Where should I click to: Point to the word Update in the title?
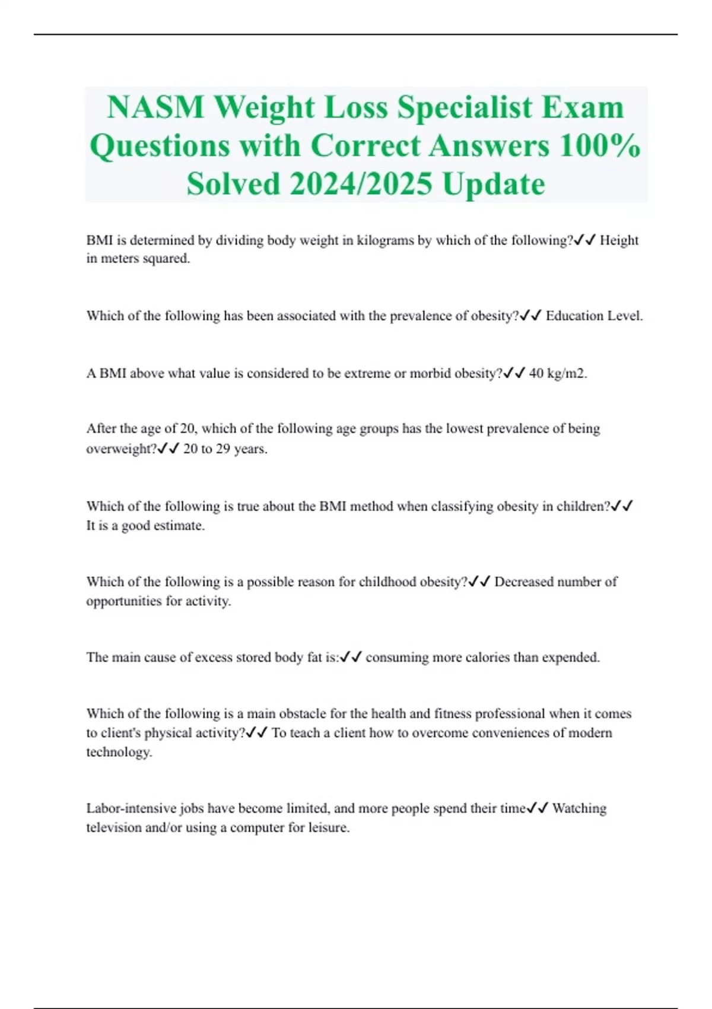pos(494,184)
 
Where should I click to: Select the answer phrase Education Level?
pos(594,316)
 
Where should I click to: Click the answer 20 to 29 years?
pos(225,449)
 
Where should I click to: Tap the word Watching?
pos(579,808)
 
